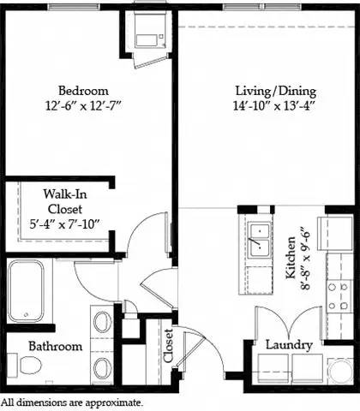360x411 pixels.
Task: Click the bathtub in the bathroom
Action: click(29, 291)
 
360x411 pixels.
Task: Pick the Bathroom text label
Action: click(55, 346)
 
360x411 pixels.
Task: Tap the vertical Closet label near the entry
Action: click(167, 347)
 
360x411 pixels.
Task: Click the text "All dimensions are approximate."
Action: click(72, 402)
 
